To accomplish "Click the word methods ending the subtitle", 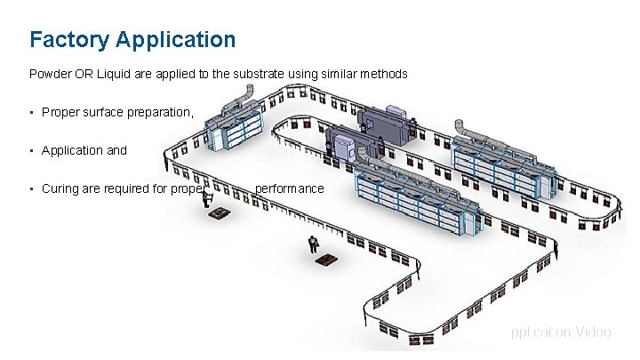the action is tap(385, 75).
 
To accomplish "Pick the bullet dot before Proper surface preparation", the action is tap(31, 113).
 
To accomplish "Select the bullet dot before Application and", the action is tap(31, 151).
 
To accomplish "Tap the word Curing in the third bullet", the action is tap(60, 189).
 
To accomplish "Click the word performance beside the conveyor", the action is tap(290, 189).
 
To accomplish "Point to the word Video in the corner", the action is tap(593, 332).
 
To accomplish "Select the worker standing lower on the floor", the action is tap(313, 245).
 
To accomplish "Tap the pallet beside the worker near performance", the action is tap(216, 214).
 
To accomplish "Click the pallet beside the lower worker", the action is tap(323, 261).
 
